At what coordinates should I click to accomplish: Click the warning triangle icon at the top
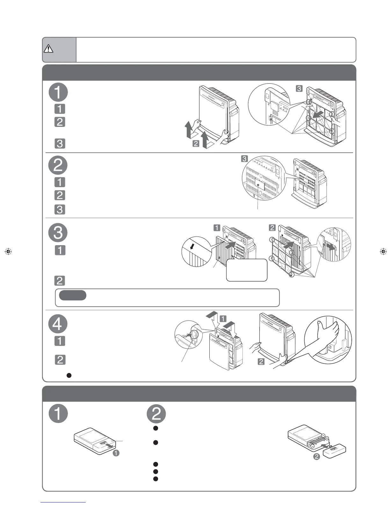click(48, 48)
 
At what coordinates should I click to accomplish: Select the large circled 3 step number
click(58, 232)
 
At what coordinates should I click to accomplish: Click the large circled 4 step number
click(58, 324)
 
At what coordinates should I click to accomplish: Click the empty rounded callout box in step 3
click(247, 270)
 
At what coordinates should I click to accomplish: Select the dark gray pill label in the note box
click(73, 295)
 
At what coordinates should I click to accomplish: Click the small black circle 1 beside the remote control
click(116, 453)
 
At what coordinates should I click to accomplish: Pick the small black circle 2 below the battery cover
click(316, 457)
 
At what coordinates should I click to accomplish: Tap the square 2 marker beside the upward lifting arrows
click(196, 144)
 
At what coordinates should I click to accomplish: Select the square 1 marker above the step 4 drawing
click(223, 318)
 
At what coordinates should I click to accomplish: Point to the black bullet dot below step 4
click(69, 375)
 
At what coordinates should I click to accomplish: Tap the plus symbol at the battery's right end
click(327, 438)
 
